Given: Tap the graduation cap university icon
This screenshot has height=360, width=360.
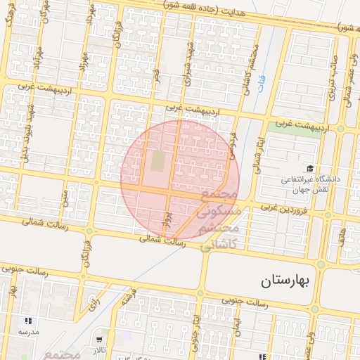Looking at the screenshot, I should coord(310,168).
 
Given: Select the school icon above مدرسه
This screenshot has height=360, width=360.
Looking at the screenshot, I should coord(28,321).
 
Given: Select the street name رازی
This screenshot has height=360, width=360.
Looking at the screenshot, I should coord(93,302).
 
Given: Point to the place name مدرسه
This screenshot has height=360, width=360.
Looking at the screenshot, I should coord(28,332).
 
